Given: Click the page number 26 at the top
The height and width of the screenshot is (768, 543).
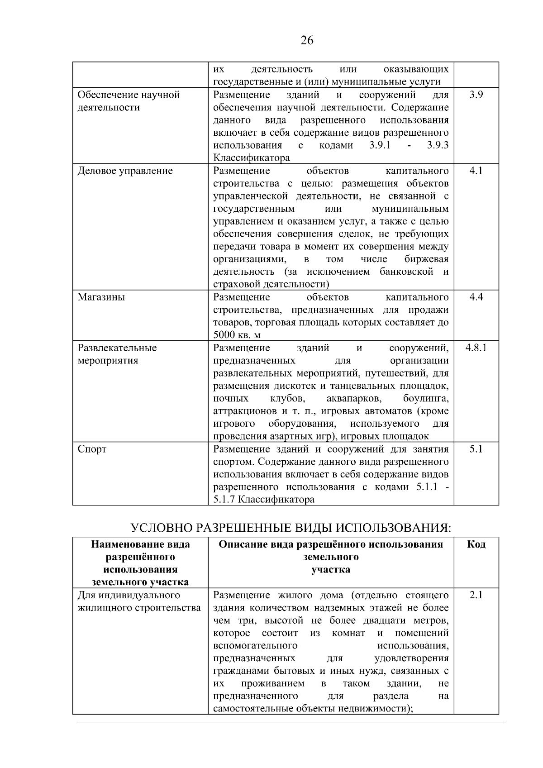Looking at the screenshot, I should (x=307, y=41).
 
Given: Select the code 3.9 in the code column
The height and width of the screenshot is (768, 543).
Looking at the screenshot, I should (x=476, y=95).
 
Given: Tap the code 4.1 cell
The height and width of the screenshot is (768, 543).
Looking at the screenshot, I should (x=476, y=171).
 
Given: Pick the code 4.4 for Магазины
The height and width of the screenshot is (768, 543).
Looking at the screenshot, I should (x=476, y=297).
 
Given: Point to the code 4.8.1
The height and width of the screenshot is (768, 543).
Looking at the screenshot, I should (x=476, y=348).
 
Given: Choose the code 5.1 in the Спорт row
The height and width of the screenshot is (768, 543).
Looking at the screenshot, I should (x=476, y=449).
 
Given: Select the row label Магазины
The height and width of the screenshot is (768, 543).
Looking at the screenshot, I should (x=101, y=297).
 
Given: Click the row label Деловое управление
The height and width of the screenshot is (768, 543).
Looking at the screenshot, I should (x=125, y=171).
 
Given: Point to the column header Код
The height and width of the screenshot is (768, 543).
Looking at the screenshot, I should (x=476, y=544).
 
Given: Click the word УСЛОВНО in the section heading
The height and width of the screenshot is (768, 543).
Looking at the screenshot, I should (x=156, y=528).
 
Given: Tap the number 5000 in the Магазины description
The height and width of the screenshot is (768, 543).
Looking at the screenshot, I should (x=224, y=335).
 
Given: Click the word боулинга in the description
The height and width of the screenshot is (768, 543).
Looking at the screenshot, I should (x=426, y=399).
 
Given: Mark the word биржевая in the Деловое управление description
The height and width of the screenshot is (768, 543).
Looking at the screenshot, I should (x=426, y=259).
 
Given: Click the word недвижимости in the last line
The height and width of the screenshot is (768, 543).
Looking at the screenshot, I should (x=375, y=709).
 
